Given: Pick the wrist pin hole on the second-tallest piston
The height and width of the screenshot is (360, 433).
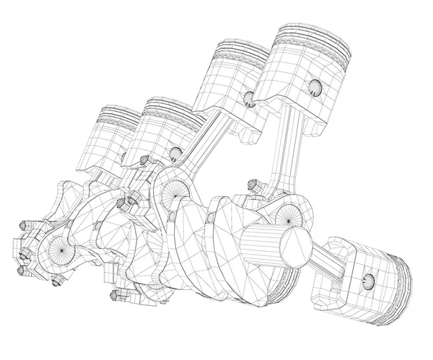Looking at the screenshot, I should click(x=248, y=98).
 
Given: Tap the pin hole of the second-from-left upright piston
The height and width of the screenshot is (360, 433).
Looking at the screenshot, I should click(x=173, y=153).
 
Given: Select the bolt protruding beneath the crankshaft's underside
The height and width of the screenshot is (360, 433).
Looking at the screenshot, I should click(x=116, y=294).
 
